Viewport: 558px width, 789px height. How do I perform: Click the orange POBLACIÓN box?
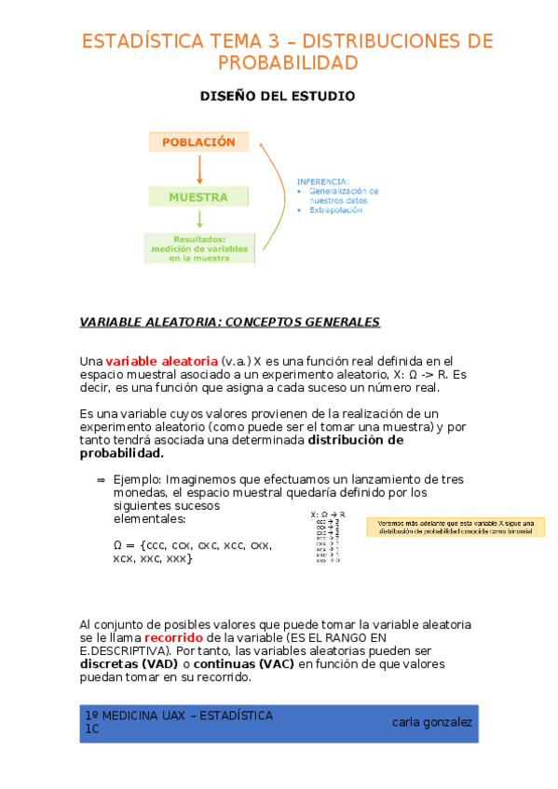click(x=198, y=142)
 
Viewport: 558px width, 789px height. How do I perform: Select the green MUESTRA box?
click(x=198, y=197)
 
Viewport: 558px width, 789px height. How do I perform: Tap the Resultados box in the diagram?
click(x=199, y=248)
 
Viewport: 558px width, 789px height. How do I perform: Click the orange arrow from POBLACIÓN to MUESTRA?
click(x=199, y=169)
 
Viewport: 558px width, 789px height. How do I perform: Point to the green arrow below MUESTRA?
click(x=199, y=219)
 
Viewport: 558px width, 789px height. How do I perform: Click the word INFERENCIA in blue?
click(x=322, y=181)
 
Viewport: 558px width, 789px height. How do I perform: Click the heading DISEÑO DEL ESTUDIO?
click(x=279, y=96)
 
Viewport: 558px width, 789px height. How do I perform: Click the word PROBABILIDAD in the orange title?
click(x=288, y=62)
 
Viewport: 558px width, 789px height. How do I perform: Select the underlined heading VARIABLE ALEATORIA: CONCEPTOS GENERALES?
click(x=230, y=322)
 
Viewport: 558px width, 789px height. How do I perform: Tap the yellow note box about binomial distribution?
click(x=455, y=527)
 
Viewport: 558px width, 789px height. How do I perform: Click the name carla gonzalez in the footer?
click(x=431, y=722)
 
